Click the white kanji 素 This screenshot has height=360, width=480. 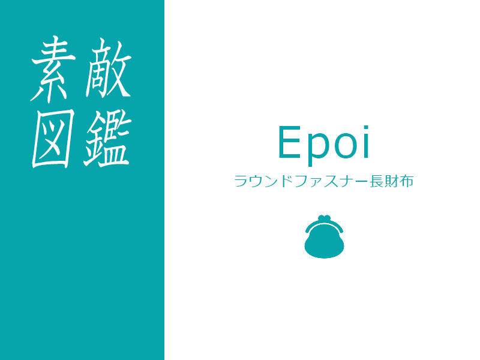pos(53,70)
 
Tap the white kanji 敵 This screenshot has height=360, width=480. pos(109,68)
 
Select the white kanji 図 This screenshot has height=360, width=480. pos(53,138)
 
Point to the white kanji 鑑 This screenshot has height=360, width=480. pos(107,139)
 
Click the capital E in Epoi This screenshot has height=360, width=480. pos(289,142)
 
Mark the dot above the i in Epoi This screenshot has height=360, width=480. pos(366,128)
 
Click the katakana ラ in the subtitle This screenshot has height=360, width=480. pos(241,181)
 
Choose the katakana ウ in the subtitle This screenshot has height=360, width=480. pos(256,181)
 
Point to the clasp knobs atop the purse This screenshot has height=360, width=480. pos(324,218)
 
